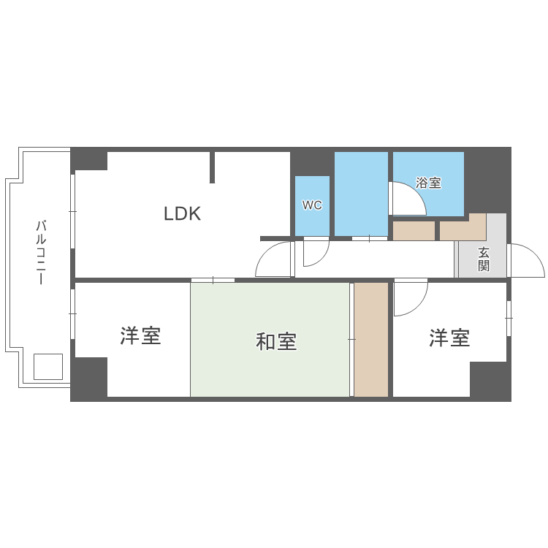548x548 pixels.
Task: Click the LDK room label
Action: pos(182,214)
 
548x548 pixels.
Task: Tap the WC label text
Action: pos(312,205)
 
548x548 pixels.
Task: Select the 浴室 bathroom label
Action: pos(428,183)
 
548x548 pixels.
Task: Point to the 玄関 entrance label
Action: pos(484,259)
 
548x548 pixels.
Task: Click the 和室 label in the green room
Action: pos(276,341)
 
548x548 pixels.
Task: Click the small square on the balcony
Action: pos(48,366)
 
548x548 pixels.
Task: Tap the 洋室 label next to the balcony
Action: pos(140,336)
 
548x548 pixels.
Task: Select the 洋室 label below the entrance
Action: pos(449,338)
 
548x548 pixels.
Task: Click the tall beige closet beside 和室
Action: pos(371,340)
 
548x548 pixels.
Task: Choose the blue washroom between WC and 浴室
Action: pos(361,194)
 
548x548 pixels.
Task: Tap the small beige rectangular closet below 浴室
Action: pos(414,231)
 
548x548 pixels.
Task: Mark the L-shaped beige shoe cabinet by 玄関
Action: pos(462,229)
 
